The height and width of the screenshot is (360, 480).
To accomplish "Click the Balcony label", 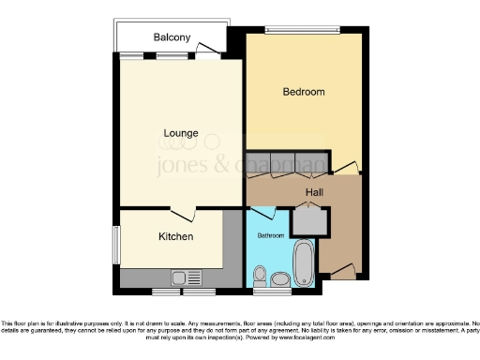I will tap(172, 37).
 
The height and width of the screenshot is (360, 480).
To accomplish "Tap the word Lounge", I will tap(180, 132).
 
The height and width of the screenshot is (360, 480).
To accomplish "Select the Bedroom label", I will tap(304, 92).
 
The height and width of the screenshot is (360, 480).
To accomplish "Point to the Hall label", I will tap(314, 193).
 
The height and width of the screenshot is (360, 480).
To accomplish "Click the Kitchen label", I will tap(175, 236).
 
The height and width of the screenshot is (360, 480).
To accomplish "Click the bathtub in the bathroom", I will tap(304, 264).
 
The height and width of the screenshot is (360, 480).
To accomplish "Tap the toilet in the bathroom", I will tap(279, 277).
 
